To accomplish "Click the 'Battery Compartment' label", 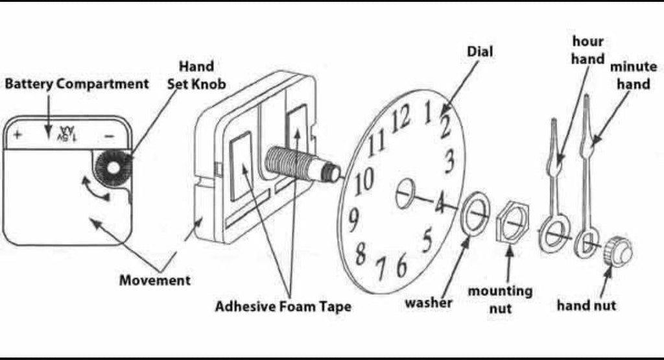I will coord(77,84).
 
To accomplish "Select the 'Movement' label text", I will coord(155,280).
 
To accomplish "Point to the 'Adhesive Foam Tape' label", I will coord(283,306).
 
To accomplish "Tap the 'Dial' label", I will coord(479,51).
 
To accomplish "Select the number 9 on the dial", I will coord(353,221).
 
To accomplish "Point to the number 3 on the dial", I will coord(449,161).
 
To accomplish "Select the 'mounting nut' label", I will coord(500,299).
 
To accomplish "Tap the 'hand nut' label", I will coord(586,304).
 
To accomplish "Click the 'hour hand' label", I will coord(587,50).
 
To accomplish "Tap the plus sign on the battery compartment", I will coord(18,136).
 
